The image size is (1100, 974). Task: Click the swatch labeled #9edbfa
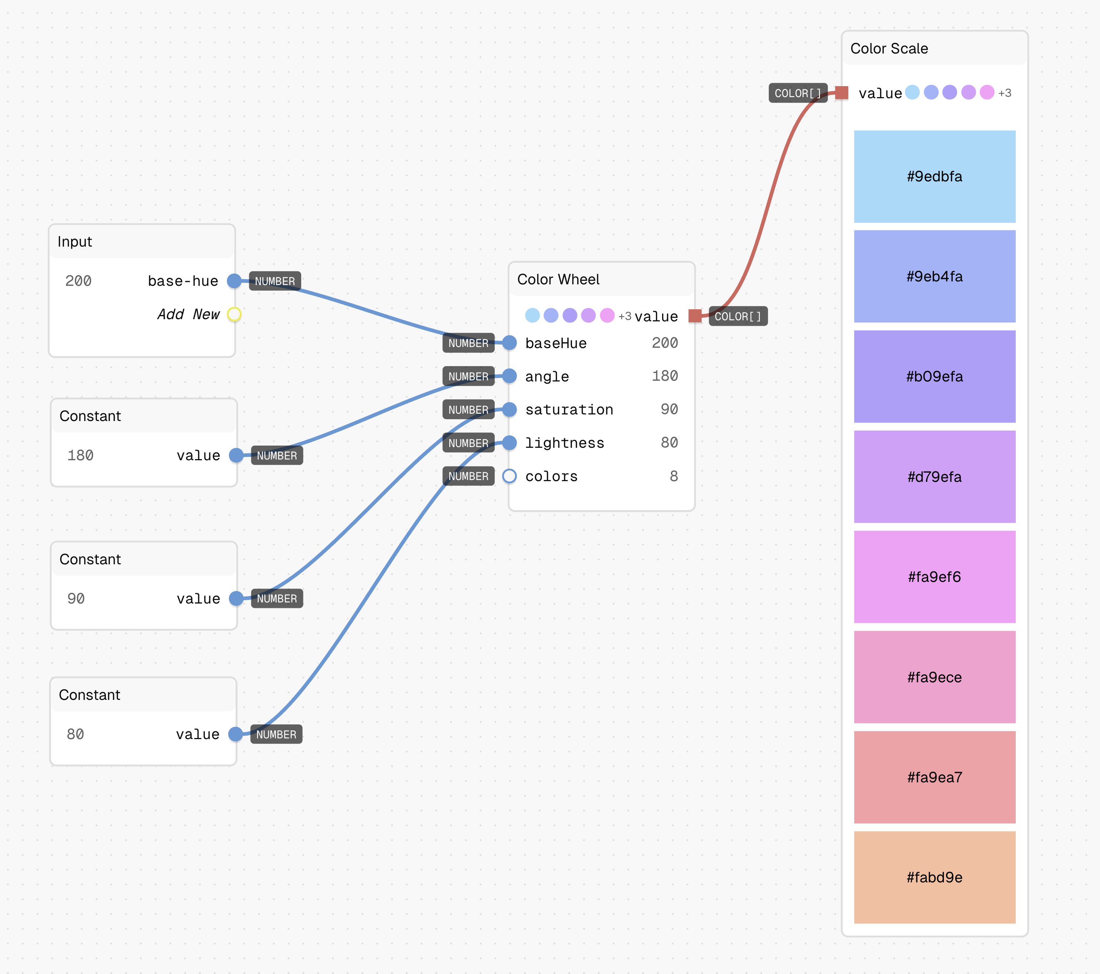pos(934,177)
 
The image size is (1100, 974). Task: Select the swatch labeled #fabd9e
pos(934,877)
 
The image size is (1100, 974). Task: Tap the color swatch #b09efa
pos(934,377)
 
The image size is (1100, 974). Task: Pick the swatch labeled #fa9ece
pos(934,677)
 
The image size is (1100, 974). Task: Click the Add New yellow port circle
pos(234,314)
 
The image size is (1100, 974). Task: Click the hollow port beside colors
pos(509,476)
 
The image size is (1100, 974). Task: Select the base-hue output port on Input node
pos(234,281)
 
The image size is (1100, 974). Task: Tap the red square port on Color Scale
pos(842,93)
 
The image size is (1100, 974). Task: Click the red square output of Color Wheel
pos(695,316)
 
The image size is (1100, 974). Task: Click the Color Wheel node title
pos(558,279)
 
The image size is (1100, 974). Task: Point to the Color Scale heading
pos(889,48)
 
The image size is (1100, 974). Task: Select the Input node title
pos(75,241)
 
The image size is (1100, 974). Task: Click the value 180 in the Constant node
pos(80,455)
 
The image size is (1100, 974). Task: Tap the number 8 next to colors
pos(674,476)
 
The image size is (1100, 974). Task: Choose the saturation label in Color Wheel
pos(569,410)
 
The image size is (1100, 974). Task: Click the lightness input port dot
pos(509,443)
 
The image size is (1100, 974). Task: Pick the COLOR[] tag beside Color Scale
pos(798,93)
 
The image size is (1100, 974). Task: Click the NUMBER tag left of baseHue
pos(468,343)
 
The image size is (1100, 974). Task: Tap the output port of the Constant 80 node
pos(235,734)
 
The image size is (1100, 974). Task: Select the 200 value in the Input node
pos(78,281)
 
